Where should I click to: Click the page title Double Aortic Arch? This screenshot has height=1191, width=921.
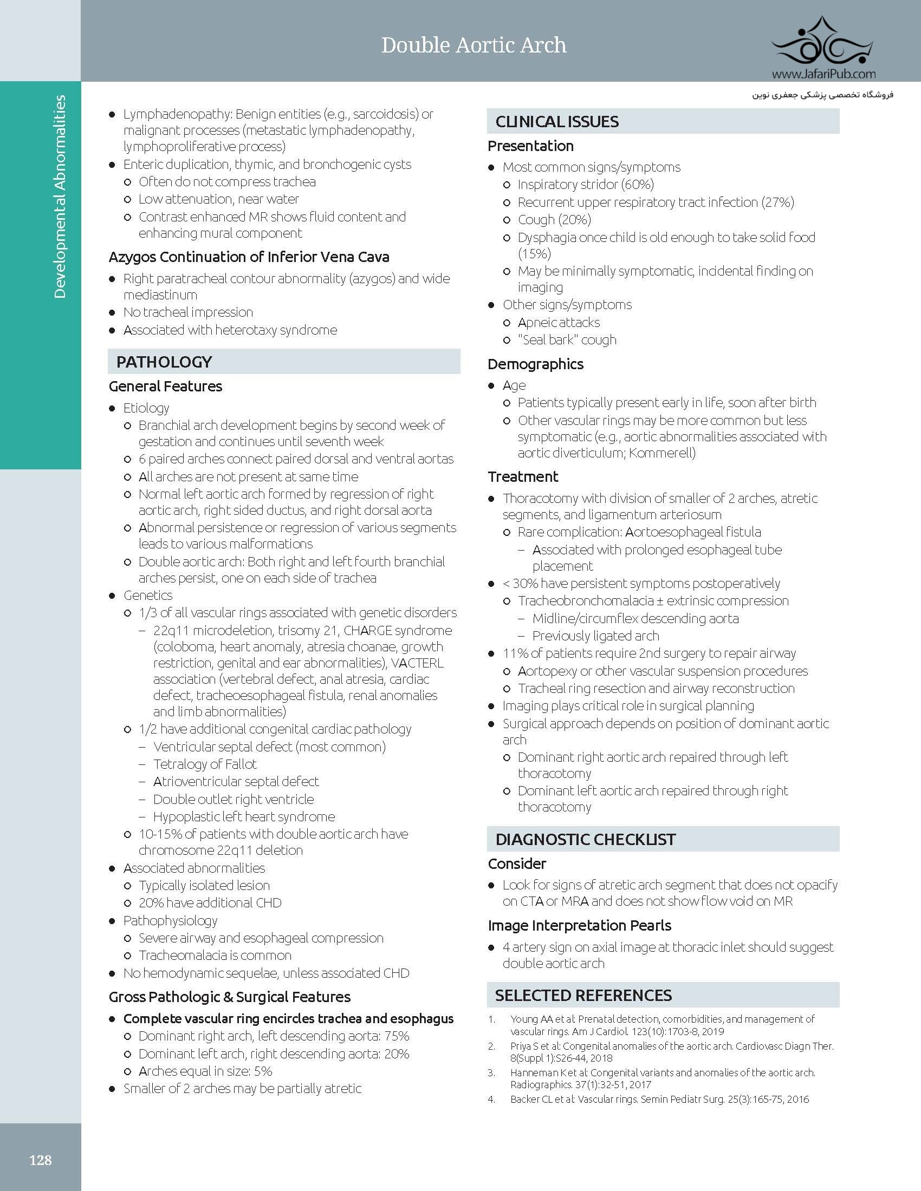[474, 45]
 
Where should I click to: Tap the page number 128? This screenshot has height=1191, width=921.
[41, 1160]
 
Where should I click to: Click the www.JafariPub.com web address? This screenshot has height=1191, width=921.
[823, 74]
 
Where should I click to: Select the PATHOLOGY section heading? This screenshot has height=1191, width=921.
[164, 362]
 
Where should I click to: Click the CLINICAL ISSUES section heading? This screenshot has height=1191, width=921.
[556, 122]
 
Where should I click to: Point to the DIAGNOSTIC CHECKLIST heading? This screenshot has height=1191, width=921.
[585, 839]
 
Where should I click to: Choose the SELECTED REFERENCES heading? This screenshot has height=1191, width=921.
[583, 995]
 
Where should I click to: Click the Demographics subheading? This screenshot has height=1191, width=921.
[535, 364]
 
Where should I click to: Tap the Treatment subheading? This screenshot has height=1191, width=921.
[523, 476]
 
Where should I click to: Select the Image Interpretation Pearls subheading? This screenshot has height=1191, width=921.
[580, 925]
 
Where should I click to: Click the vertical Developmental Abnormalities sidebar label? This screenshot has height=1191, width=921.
[60, 197]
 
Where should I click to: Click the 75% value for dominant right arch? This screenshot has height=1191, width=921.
[397, 1036]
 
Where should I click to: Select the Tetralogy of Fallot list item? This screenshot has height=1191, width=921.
[205, 764]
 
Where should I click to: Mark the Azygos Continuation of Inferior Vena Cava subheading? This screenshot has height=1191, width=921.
[249, 257]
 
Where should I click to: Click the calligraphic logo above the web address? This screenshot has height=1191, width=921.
[823, 44]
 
